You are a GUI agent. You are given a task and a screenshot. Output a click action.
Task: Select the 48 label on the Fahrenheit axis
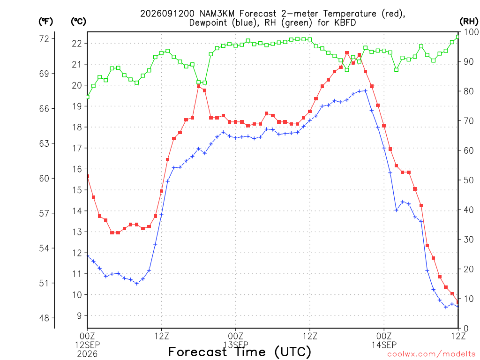(x=44, y=318)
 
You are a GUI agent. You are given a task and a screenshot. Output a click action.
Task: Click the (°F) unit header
(x=45, y=22)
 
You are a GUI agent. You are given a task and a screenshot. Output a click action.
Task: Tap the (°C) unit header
(x=78, y=22)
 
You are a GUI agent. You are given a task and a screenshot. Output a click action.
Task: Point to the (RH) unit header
(x=469, y=22)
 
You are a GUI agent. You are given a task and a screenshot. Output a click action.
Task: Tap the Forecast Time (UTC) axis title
(x=240, y=352)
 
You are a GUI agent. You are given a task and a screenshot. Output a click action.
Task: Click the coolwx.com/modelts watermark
(x=431, y=354)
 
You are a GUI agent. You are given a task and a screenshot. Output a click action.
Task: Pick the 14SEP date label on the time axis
(x=384, y=345)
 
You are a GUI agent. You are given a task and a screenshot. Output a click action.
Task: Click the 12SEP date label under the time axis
(x=87, y=345)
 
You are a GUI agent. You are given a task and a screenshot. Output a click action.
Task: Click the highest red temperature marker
(x=347, y=53)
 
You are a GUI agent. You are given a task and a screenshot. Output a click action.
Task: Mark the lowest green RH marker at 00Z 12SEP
(x=88, y=97)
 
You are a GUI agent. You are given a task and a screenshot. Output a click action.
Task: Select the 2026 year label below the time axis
(x=87, y=354)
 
